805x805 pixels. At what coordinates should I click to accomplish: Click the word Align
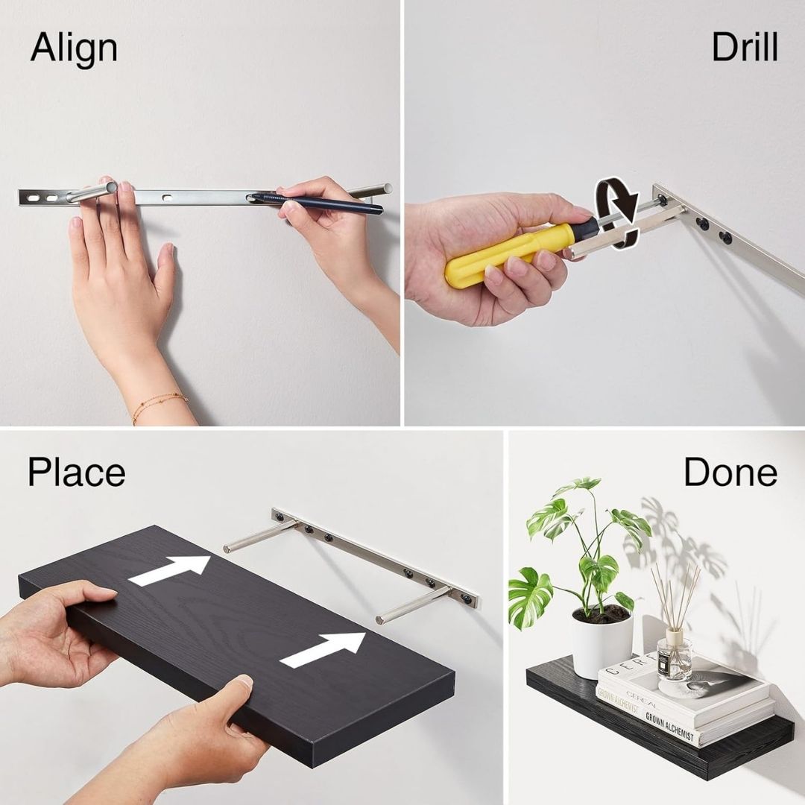74,49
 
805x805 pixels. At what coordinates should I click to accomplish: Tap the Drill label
744,48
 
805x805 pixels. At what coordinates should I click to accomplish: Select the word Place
76,473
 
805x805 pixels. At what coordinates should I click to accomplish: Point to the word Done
730,472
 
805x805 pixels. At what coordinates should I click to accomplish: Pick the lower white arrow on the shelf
323,648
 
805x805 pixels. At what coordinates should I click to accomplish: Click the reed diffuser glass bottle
675,657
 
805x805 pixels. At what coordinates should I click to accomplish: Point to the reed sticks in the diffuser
675,596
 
